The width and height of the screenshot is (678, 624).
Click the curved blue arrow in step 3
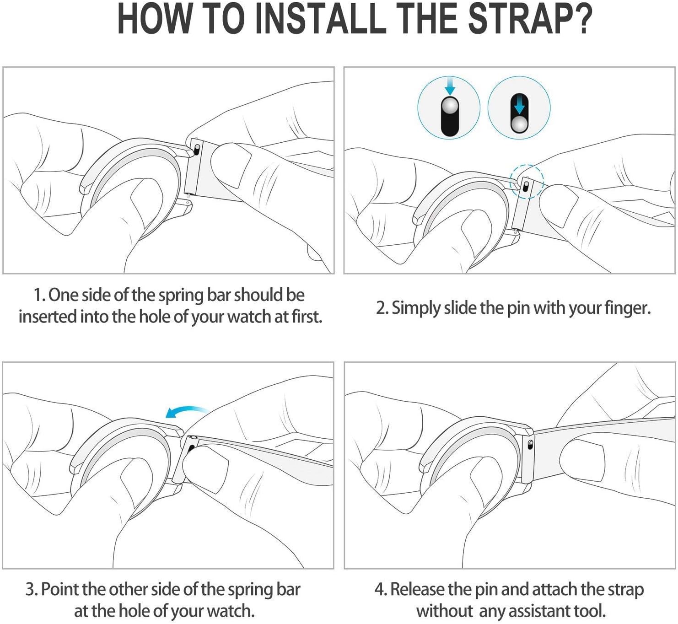click(x=187, y=412)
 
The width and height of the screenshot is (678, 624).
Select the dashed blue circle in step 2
click(x=527, y=182)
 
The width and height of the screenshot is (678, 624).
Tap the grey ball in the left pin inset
click(x=450, y=106)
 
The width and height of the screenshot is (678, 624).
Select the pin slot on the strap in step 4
click(x=530, y=445)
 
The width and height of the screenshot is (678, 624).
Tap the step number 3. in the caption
click(x=32, y=590)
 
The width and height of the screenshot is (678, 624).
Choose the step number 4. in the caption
click(x=381, y=590)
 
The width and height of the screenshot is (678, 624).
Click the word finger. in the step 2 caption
click(x=628, y=309)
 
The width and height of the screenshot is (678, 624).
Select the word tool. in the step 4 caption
click(x=590, y=611)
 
